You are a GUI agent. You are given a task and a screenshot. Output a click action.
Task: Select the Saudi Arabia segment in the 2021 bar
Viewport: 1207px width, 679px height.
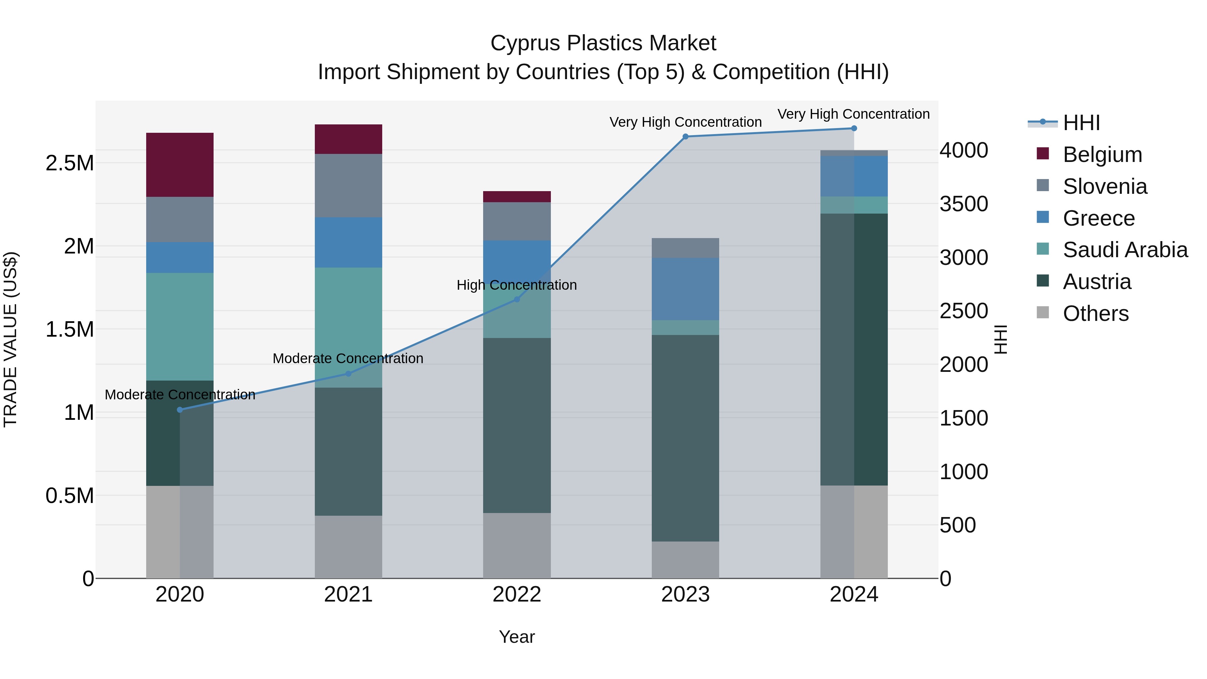coord(348,327)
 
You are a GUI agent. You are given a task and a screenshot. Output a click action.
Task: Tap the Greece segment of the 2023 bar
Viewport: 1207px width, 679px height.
coord(685,289)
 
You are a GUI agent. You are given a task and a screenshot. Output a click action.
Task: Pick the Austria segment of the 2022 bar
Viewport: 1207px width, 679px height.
coord(517,425)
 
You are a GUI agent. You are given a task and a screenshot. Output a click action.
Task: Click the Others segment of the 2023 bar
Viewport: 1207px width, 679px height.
coord(685,560)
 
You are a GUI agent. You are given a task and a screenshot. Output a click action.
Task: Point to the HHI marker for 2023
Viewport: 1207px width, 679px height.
coord(685,136)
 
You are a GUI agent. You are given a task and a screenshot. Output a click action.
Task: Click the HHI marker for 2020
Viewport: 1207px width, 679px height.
coord(180,409)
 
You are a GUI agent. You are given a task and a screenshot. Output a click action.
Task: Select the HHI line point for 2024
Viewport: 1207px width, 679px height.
coord(854,128)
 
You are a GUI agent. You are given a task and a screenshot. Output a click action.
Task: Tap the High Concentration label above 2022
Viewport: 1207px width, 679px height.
coord(516,285)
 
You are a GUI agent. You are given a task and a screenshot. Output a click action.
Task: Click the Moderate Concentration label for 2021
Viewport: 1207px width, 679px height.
coord(348,358)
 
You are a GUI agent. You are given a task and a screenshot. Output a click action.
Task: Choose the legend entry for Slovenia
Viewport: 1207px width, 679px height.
coord(1104,186)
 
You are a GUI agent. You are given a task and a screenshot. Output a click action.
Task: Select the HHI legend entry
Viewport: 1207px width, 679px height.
coord(1081,123)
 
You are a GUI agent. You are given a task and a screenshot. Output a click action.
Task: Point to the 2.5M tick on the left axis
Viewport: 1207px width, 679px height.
coord(69,164)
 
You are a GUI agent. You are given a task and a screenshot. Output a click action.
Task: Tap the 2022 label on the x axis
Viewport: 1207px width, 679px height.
coord(517,595)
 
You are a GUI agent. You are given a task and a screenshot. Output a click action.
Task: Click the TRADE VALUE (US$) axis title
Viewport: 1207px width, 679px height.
coord(10,339)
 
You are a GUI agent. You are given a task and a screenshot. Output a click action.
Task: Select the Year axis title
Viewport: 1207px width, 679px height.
coord(516,637)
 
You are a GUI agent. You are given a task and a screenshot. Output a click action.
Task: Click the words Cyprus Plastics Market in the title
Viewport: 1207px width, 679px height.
coord(603,43)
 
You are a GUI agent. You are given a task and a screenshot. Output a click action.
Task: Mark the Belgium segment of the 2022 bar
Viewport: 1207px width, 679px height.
coord(517,196)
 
